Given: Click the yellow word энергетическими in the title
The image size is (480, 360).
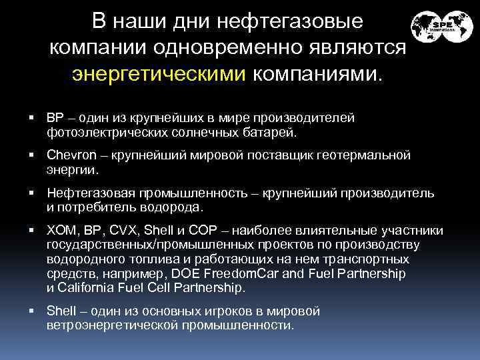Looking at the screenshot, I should point(159,72).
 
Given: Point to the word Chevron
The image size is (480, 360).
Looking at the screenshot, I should point(70,155).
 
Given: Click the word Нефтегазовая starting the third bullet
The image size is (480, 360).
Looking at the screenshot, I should point(90,193).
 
